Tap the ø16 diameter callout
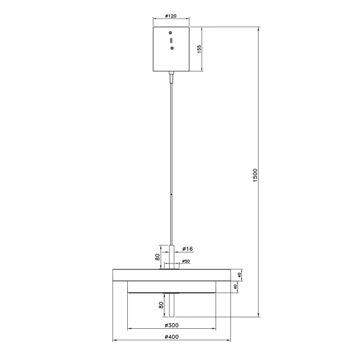pos(187,248)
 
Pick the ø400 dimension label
pos(172,338)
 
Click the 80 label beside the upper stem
pos(158,258)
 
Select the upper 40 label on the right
pos(238,275)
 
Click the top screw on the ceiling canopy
pos(172,32)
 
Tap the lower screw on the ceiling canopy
pos(172,49)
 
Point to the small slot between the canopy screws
pos(172,40)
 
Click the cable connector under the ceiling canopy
pos(172,76)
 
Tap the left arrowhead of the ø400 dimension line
pos(115,342)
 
